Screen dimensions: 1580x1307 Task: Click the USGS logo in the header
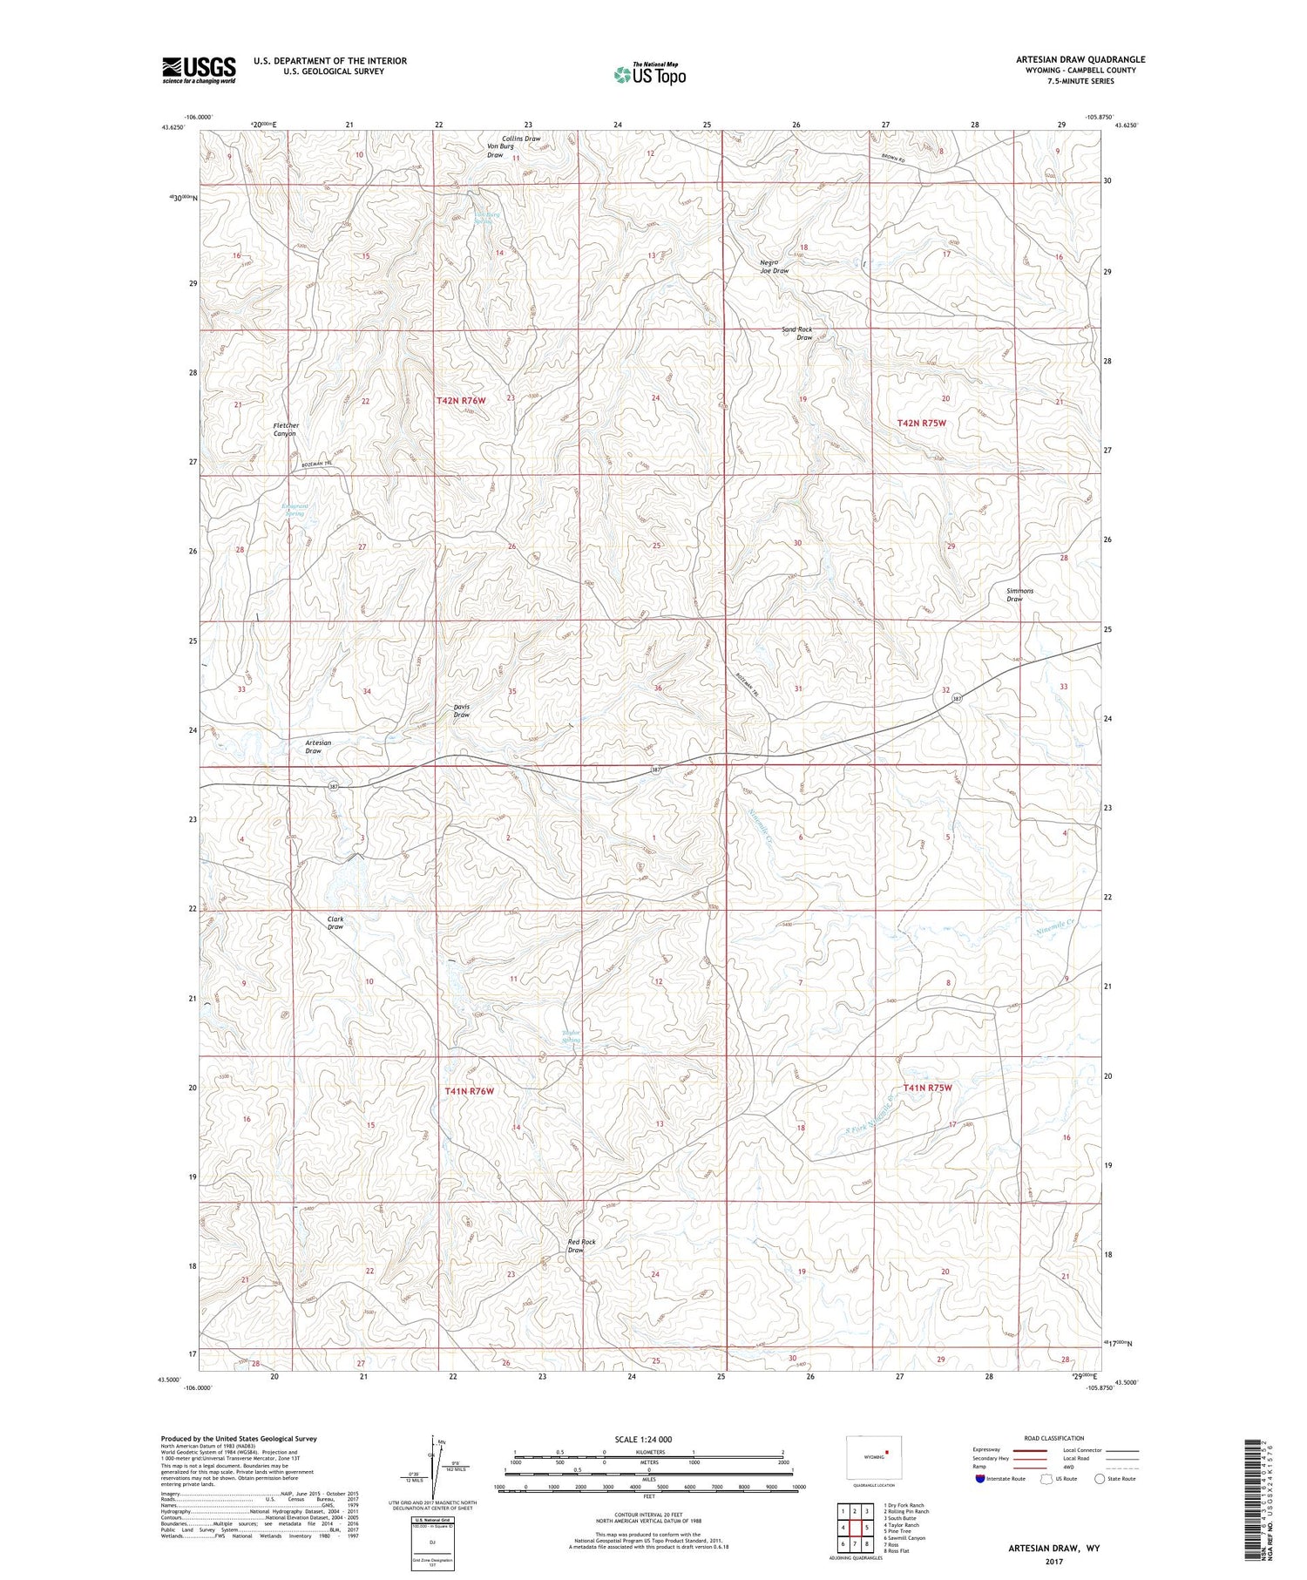199,70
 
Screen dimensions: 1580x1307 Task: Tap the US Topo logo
649,74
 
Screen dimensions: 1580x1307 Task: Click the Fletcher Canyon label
285,430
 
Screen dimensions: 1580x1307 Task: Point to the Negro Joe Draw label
774,267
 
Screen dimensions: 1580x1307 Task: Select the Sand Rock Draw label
797,333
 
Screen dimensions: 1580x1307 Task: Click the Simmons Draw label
1019,594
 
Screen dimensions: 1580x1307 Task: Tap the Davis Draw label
462,710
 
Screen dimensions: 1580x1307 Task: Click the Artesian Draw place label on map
318,747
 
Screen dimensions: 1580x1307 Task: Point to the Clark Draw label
335,923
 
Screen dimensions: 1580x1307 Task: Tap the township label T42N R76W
461,400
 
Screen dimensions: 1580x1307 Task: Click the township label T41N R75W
927,1088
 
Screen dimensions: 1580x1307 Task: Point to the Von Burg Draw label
500,151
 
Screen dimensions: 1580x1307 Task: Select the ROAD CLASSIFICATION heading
1054,1438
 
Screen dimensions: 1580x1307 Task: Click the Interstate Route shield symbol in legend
980,1479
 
